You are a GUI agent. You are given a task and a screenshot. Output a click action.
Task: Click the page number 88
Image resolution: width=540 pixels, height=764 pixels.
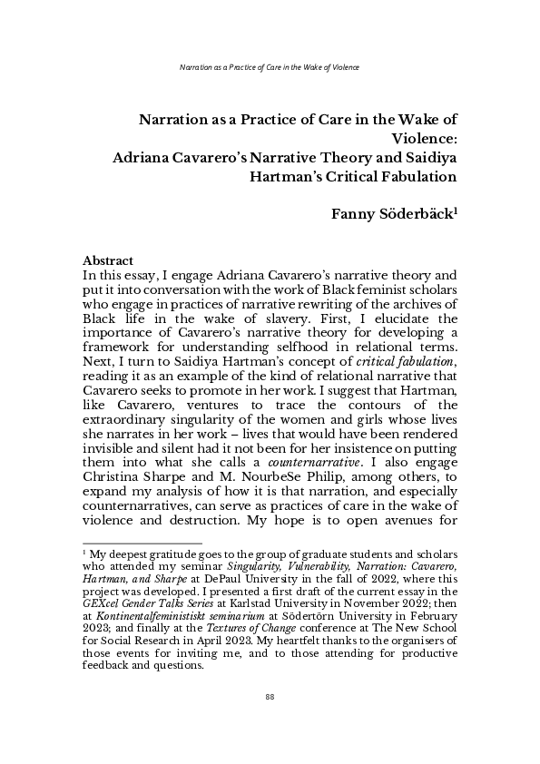point(270,721)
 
